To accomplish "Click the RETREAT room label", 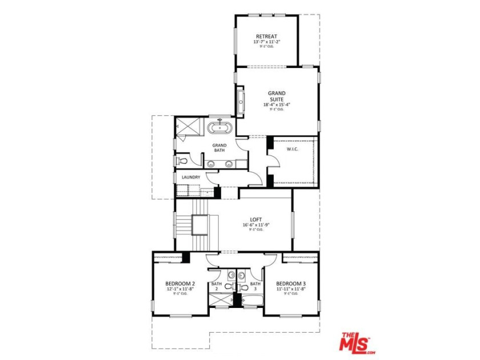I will [x=266, y=36].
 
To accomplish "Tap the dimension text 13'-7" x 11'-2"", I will [x=266, y=42].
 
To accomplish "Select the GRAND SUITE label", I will [x=277, y=96].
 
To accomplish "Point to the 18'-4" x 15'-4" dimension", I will [x=277, y=105].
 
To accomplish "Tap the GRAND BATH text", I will [x=219, y=148].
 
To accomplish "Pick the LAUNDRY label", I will [x=191, y=177].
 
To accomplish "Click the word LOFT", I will [x=255, y=219].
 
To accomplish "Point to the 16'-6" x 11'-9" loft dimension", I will [x=255, y=225].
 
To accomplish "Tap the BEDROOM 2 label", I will [x=181, y=284].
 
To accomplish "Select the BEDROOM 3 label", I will [x=291, y=284].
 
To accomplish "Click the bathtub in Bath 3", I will [x=251, y=300].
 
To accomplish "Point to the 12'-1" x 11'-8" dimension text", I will [x=181, y=290].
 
